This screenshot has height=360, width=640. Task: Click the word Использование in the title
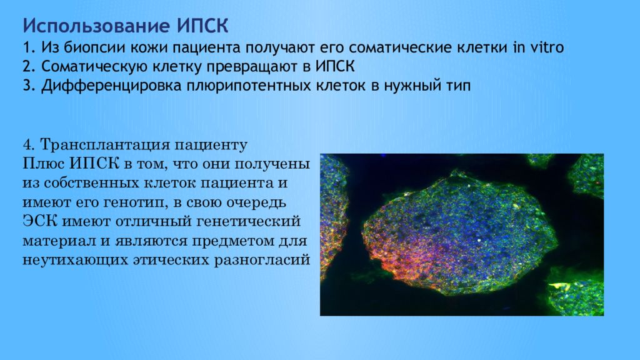pyautogui.click(x=96, y=26)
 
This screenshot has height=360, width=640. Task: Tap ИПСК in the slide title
pyautogui.click(x=202, y=26)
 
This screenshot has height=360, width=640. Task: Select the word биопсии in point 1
pyautogui.click(x=95, y=47)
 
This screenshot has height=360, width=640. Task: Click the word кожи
pyautogui.click(x=149, y=47)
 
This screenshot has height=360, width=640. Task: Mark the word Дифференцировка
pyautogui.click(x=111, y=86)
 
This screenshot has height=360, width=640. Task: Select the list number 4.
pyautogui.click(x=27, y=145)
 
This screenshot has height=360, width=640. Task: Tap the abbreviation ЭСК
pyautogui.click(x=39, y=221)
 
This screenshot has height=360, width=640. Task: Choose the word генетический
pyautogui.click(x=249, y=222)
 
